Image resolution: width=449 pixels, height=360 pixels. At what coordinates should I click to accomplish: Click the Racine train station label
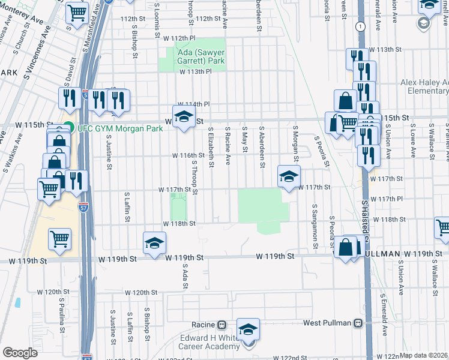[203, 324]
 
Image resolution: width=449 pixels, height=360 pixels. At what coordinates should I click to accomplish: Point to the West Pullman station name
[327, 323]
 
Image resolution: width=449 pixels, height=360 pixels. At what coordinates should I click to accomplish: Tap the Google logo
[20, 353]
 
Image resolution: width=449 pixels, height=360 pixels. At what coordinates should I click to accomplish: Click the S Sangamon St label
[315, 226]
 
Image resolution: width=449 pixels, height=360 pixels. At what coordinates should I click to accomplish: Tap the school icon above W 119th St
[154, 242]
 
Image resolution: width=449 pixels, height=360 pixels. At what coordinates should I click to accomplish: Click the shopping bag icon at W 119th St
[346, 247]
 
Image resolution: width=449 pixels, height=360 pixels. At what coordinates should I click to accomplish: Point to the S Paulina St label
[61, 313]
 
